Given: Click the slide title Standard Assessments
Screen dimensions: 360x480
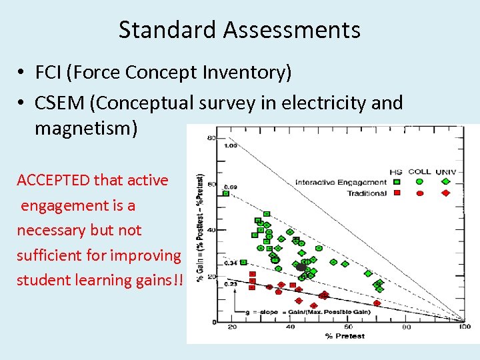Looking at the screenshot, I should coord(239,30).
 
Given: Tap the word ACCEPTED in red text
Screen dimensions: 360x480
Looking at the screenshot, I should coord(53,180).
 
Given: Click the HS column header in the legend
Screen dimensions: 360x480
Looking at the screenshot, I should coord(396,171).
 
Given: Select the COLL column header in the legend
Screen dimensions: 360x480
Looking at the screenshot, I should coord(419,171).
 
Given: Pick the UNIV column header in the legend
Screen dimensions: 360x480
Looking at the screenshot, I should coord(445,171).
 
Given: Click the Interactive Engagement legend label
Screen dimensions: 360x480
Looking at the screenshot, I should coord(340,182).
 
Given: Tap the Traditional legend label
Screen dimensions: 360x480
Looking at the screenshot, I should coord(366,193).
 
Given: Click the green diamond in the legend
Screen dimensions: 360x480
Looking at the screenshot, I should coord(445,181).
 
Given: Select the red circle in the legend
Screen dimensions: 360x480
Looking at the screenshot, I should coord(420,193).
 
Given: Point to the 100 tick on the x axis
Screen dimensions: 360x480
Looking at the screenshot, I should coord(465,327).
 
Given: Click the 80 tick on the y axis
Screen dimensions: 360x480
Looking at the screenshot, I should coord(212,139).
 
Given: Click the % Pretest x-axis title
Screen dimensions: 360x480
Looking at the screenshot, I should coord(345,336).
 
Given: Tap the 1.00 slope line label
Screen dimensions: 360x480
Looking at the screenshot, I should coord(231,145).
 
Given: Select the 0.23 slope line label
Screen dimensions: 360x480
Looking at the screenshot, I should coord(231,285).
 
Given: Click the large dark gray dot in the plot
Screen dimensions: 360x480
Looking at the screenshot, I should coord(301,267).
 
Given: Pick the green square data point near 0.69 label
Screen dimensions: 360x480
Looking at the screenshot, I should coord(225,194).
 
